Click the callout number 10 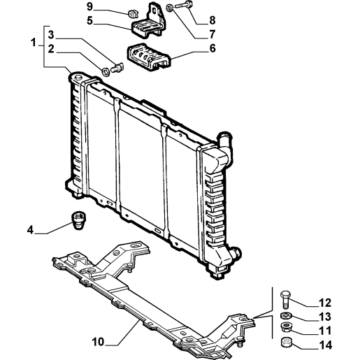coord(98,342)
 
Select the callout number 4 coord(30,230)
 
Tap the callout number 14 coord(325,345)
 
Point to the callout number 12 coord(325,303)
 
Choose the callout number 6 coord(213,48)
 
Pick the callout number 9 coord(89,7)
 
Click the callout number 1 coord(34,43)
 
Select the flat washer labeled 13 coord(285,316)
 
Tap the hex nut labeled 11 coord(285,327)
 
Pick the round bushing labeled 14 coord(285,342)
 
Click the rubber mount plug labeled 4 coord(78,220)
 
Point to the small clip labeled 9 coord(132,13)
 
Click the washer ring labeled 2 coord(106,71)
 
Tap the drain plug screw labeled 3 coord(117,68)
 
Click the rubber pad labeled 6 coord(149,57)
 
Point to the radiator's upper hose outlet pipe coord(225,145)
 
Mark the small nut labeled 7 coord(170,8)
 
